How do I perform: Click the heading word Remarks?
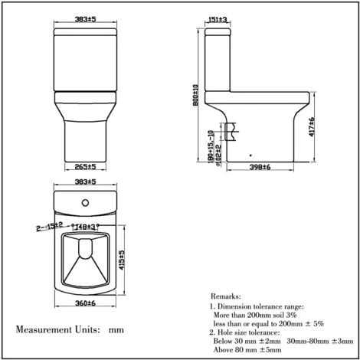(x=229, y=295)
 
